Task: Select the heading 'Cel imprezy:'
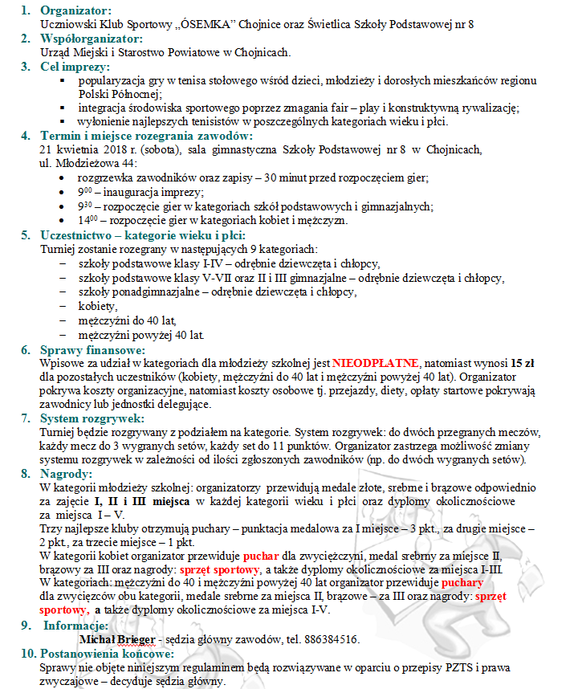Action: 71,66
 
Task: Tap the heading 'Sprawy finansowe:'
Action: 92,350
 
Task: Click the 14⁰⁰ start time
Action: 86,219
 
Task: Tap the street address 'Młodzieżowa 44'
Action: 80,163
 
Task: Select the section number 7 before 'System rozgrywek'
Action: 25,419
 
